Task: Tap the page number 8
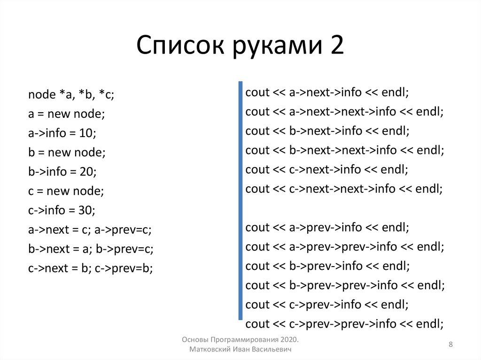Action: pos(450,345)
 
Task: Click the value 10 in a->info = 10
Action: pos(87,133)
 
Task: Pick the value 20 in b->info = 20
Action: pos(88,172)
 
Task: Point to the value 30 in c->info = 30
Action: pos(87,210)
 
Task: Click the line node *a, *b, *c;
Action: pos(71,95)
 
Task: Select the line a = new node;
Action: pos(66,114)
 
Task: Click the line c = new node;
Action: pos(66,191)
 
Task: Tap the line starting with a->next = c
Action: pos(90,230)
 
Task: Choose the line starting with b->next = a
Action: pos(91,249)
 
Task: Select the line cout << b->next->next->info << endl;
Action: pos(344,150)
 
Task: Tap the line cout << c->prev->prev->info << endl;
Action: pos(344,324)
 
